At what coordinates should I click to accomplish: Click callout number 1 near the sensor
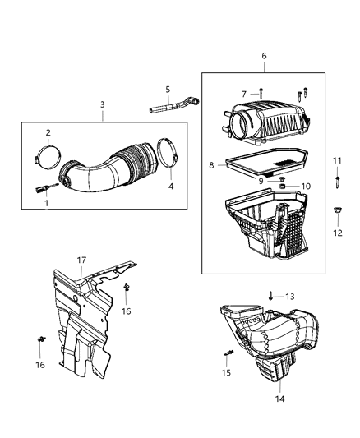(46, 202)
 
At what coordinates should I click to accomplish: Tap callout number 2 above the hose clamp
(48, 133)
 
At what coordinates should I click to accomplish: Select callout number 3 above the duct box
(102, 104)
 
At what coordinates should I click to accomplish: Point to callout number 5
(167, 89)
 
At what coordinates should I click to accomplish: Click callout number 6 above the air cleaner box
(264, 55)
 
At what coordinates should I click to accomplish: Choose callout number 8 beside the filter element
(211, 165)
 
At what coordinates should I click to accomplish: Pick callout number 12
(338, 233)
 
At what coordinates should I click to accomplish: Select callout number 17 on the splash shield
(81, 260)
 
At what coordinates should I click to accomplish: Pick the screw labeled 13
(271, 295)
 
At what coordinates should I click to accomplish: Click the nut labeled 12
(337, 214)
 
